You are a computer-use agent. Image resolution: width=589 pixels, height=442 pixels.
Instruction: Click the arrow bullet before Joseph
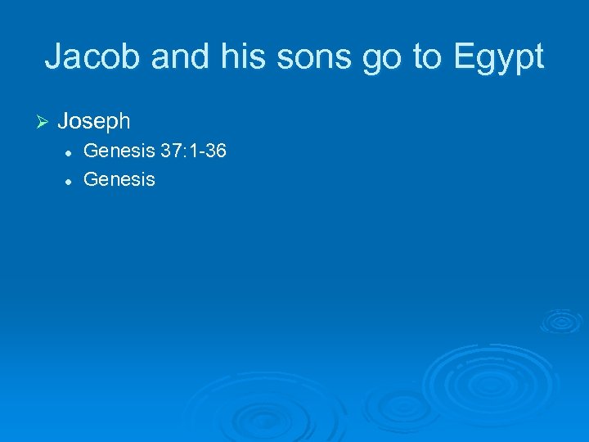click(44, 122)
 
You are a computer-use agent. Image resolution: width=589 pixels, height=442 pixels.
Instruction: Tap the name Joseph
click(94, 122)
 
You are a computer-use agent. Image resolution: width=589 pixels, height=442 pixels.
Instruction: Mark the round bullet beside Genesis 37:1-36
click(72, 152)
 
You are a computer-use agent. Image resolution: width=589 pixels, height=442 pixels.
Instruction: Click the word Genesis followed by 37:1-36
click(119, 151)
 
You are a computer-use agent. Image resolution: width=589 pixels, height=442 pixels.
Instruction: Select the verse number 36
click(216, 151)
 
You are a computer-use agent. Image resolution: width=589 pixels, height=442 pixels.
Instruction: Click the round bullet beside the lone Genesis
click(72, 179)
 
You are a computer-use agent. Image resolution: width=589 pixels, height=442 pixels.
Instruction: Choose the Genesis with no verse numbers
click(119, 179)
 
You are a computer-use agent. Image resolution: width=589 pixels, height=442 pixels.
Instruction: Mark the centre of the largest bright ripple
click(472, 381)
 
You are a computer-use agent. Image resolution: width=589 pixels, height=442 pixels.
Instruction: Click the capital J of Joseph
click(64, 122)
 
